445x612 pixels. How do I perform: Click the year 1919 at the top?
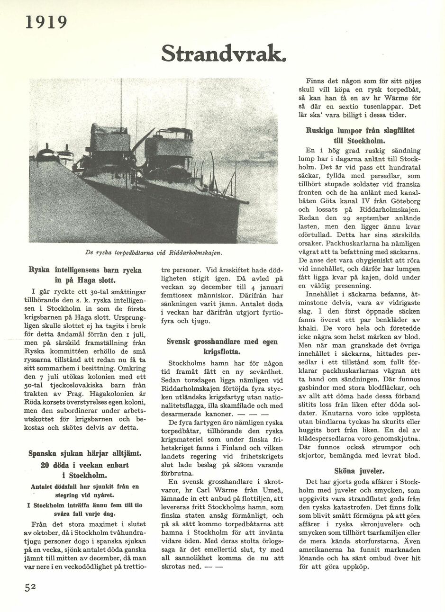coord(46,22)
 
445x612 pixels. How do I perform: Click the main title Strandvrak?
coord(223,53)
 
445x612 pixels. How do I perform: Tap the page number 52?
coord(31,587)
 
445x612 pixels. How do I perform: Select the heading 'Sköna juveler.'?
coord(366,471)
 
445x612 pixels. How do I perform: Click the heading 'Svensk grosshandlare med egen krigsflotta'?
coord(222,347)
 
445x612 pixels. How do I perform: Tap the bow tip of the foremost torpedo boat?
coord(247,203)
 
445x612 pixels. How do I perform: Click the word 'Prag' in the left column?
coord(71,394)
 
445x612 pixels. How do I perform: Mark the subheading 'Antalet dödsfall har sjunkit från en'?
coord(85,486)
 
